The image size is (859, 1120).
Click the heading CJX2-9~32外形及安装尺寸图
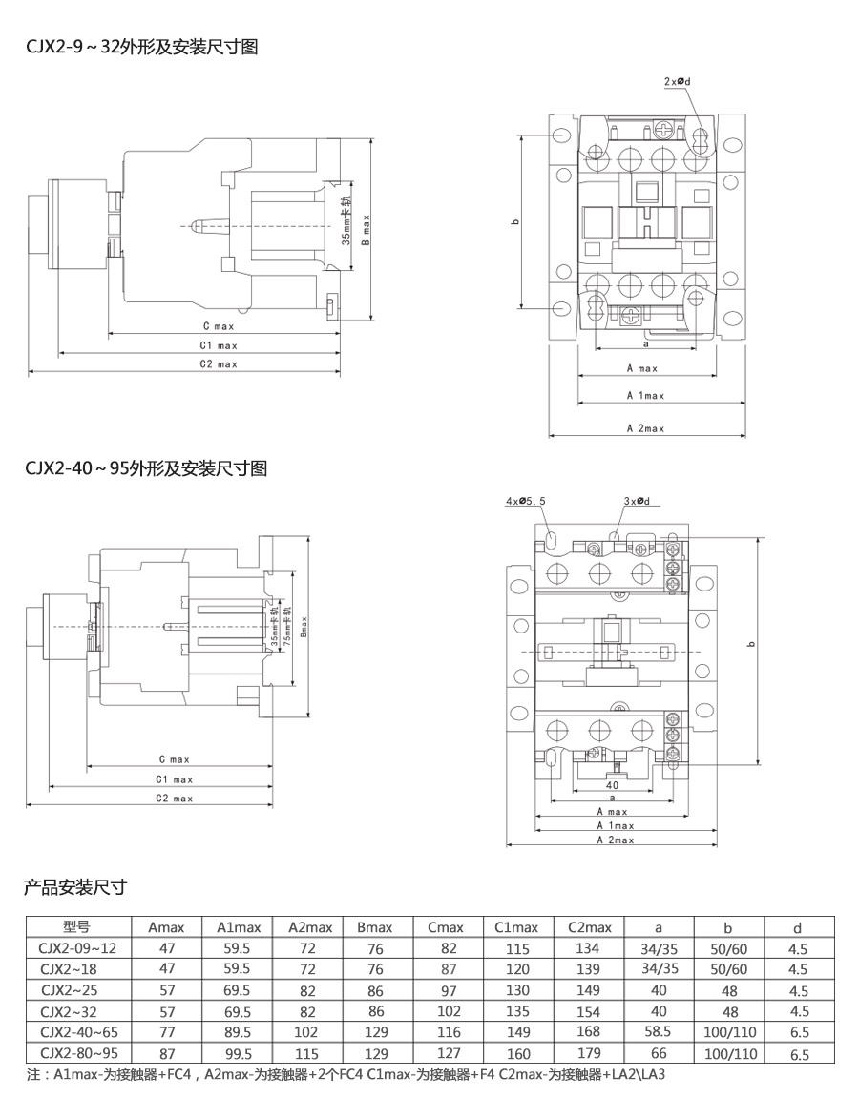click(x=141, y=47)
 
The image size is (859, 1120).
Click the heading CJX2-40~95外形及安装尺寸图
click(x=145, y=468)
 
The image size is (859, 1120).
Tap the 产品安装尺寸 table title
click(x=75, y=887)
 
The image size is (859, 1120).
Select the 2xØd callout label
click(x=677, y=82)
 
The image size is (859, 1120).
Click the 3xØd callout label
click(x=637, y=501)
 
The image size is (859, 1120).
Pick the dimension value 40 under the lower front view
click(x=612, y=785)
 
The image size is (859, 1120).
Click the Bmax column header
click(x=374, y=927)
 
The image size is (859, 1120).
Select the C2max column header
click(x=589, y=927)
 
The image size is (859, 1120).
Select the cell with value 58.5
click(x=659, y=1032)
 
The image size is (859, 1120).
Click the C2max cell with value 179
click(x=589, y=1053)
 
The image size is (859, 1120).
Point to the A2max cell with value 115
click(x=304, y=1053)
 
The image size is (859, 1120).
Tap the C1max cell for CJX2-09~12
click(x=517, y=948)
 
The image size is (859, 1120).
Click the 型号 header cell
click(x=75, y=926)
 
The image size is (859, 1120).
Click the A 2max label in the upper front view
click(x=645, y=428)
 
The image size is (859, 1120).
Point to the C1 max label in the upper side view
click(x=219, y=345)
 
